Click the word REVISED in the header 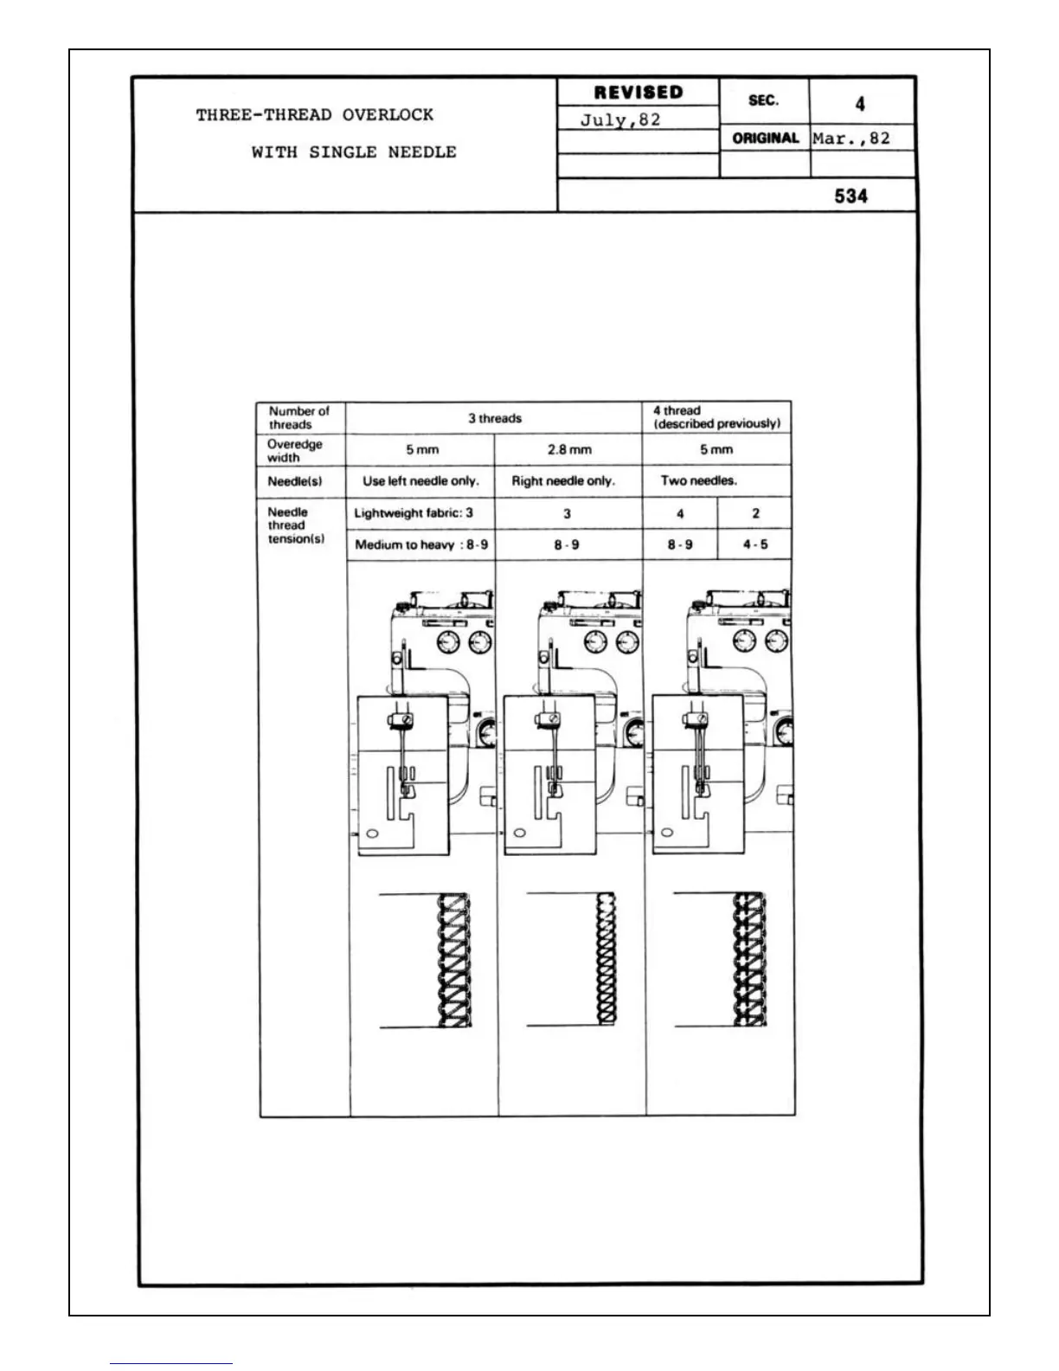[x=638, y=93]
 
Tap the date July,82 [x=619, y=120]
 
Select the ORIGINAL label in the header [x=765, y=138]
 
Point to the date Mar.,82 [x=851, y=138]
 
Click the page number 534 [x=850, y=196]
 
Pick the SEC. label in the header [x=763, y=101]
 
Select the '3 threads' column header [x=495, y=419]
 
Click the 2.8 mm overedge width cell [x=569, y=450]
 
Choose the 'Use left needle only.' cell [x=420, y=481]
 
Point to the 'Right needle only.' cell [x=563, y=481]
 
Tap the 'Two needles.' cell [x=699, y=481]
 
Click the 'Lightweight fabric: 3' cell [x=414, y=513]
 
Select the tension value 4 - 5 [x=755, y=545]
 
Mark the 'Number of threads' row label [x=298, y=418]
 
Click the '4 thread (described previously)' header [x=716, y=417]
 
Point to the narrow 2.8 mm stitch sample [x=605, y=960]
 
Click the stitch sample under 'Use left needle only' [x=454, y=960]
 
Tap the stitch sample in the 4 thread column [x=748, y=960]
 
